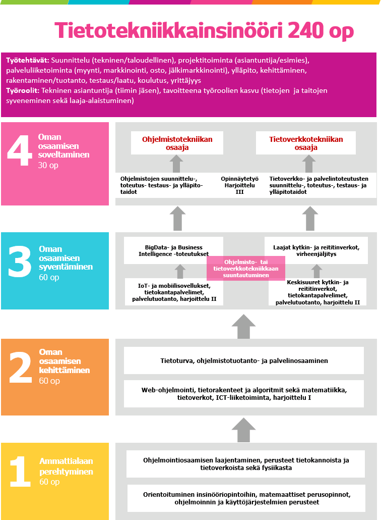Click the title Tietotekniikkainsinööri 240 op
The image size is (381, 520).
coord(204,31)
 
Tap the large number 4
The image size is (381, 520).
coord(20,150)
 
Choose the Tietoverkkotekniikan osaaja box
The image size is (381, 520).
coord(305,143)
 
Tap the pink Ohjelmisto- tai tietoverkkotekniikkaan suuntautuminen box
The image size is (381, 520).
coord(245,268)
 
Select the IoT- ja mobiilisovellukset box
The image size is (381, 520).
coord(174,292)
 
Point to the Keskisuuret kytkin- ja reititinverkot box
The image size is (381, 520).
coord(317,292)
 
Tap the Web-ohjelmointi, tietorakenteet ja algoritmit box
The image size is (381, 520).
coord(244,394)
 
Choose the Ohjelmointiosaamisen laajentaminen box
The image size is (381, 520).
coord(245,464)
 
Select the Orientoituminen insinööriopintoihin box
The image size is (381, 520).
coord(245,499)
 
